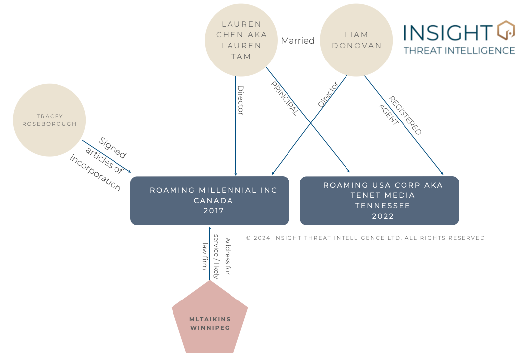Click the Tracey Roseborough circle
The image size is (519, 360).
click(x=49, y=120)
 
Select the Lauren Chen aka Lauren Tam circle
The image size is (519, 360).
click(x=241, y=40)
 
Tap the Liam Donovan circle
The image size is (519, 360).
click(x=356, y=40)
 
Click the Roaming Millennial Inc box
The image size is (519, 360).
click(x=210, y=200)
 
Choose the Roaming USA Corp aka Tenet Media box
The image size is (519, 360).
click(x=379, y=200)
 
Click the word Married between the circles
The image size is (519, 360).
click(x=297, y=41)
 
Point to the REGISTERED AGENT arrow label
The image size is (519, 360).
click(x=400, y=116)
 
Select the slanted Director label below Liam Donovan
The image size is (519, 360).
click(x=327, y=95)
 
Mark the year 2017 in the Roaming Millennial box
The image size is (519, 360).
click(x=214, y=211)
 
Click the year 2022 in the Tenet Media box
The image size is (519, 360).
click(x=383, y=216)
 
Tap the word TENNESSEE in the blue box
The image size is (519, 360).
click(x=383, y=206)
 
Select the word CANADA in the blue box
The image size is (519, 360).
click(x=214, y=201)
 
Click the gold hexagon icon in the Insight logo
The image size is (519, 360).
click(x=505, y=31)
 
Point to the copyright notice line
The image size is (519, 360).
click(x=366, y=238)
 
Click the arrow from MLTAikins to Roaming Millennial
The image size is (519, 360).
click(x=210, y=253)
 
